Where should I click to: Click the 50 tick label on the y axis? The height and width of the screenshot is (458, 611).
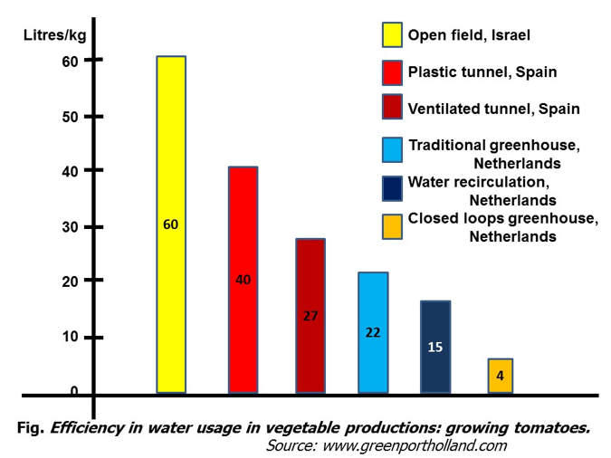(x=71, y=117)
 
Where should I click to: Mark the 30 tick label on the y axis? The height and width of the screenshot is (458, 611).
(x=71, y=226)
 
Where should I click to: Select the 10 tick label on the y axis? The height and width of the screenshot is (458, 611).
(x=71, y=337)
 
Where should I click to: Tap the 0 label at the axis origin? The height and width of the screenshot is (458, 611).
(x=75, y=391)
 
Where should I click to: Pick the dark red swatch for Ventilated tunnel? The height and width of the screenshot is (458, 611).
(x=391, y=109)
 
